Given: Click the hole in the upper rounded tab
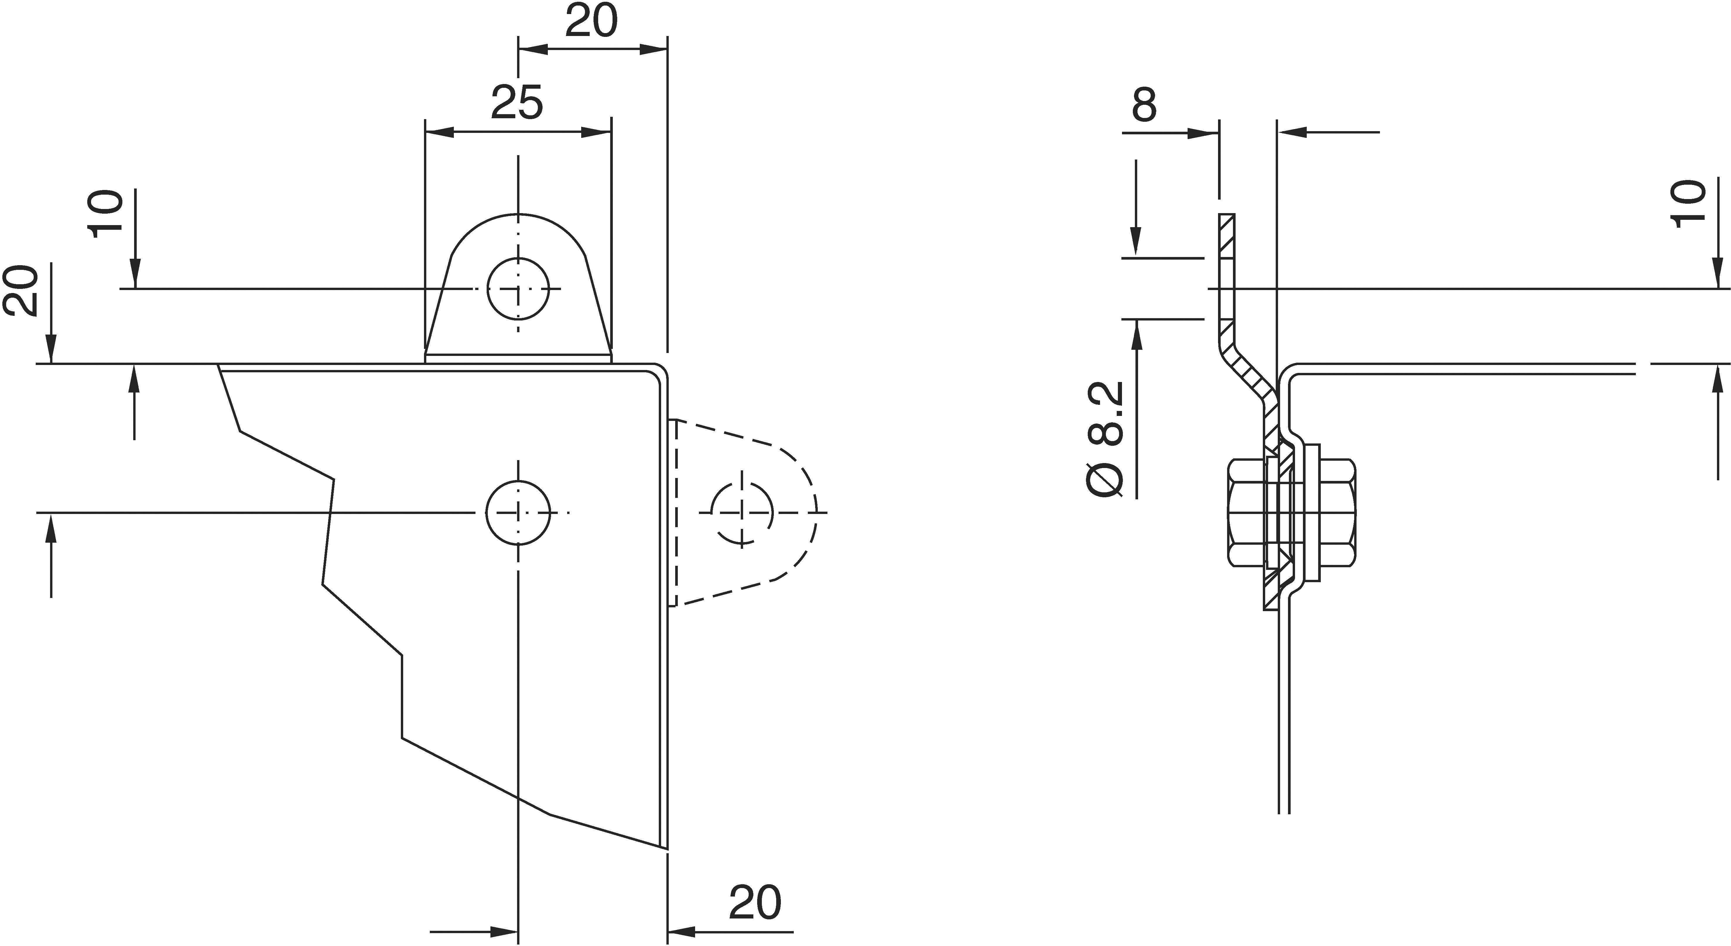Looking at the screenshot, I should click(517, 289).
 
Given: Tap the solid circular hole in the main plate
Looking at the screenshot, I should click(517, 512).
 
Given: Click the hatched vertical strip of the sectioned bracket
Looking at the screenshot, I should click(1227, 269).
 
